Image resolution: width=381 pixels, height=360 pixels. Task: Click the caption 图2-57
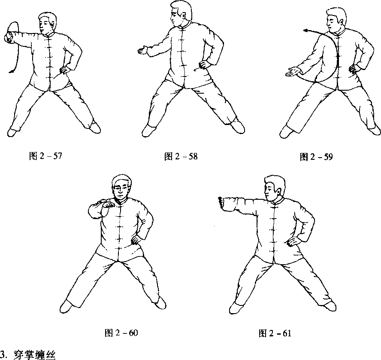click(45, 156)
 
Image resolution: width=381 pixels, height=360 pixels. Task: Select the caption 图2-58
click(181, 156)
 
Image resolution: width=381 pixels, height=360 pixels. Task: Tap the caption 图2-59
click(316, 157)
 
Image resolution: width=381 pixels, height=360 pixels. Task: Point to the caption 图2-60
click(121, 333)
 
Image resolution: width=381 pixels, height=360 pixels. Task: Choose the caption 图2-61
click(275, 333)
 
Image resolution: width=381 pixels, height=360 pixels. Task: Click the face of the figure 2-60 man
click(121, 190)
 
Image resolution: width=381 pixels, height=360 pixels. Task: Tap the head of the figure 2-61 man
click(275, 188)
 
